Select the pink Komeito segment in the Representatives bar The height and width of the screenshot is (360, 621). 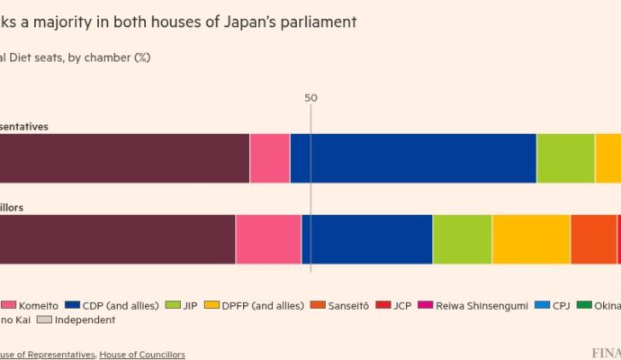pyautogui.click(x=270, y=158)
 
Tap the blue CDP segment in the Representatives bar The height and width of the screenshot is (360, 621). pyautogui.click(x=413, y=158)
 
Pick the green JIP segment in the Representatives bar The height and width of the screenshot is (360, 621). pyautogui.click(x=565, y=158)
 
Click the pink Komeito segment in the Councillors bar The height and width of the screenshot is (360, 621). pyautogui.click(x=268, y=239)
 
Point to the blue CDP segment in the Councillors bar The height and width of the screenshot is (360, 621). pyautogui.click(x=367, y=239)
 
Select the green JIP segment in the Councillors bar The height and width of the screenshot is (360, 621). pyautogui.click(x=463, y=239)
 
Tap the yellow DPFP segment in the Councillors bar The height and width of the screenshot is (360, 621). pyautogui.click(x=531, y=239)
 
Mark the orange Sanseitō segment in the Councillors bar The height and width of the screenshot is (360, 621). pyautogui.click(x=593, y=239)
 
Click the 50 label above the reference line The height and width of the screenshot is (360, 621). pyautogui.click(x=310, y=98)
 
